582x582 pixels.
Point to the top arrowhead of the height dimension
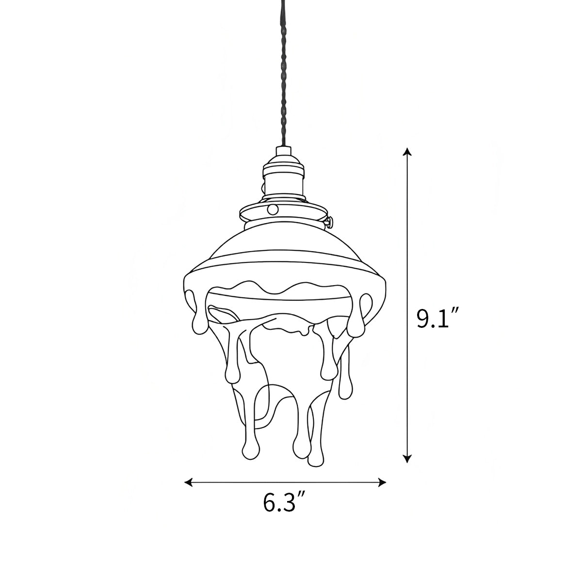point(408,153)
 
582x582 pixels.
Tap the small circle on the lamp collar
point(273,210)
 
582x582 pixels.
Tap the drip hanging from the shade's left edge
point(197,323)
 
